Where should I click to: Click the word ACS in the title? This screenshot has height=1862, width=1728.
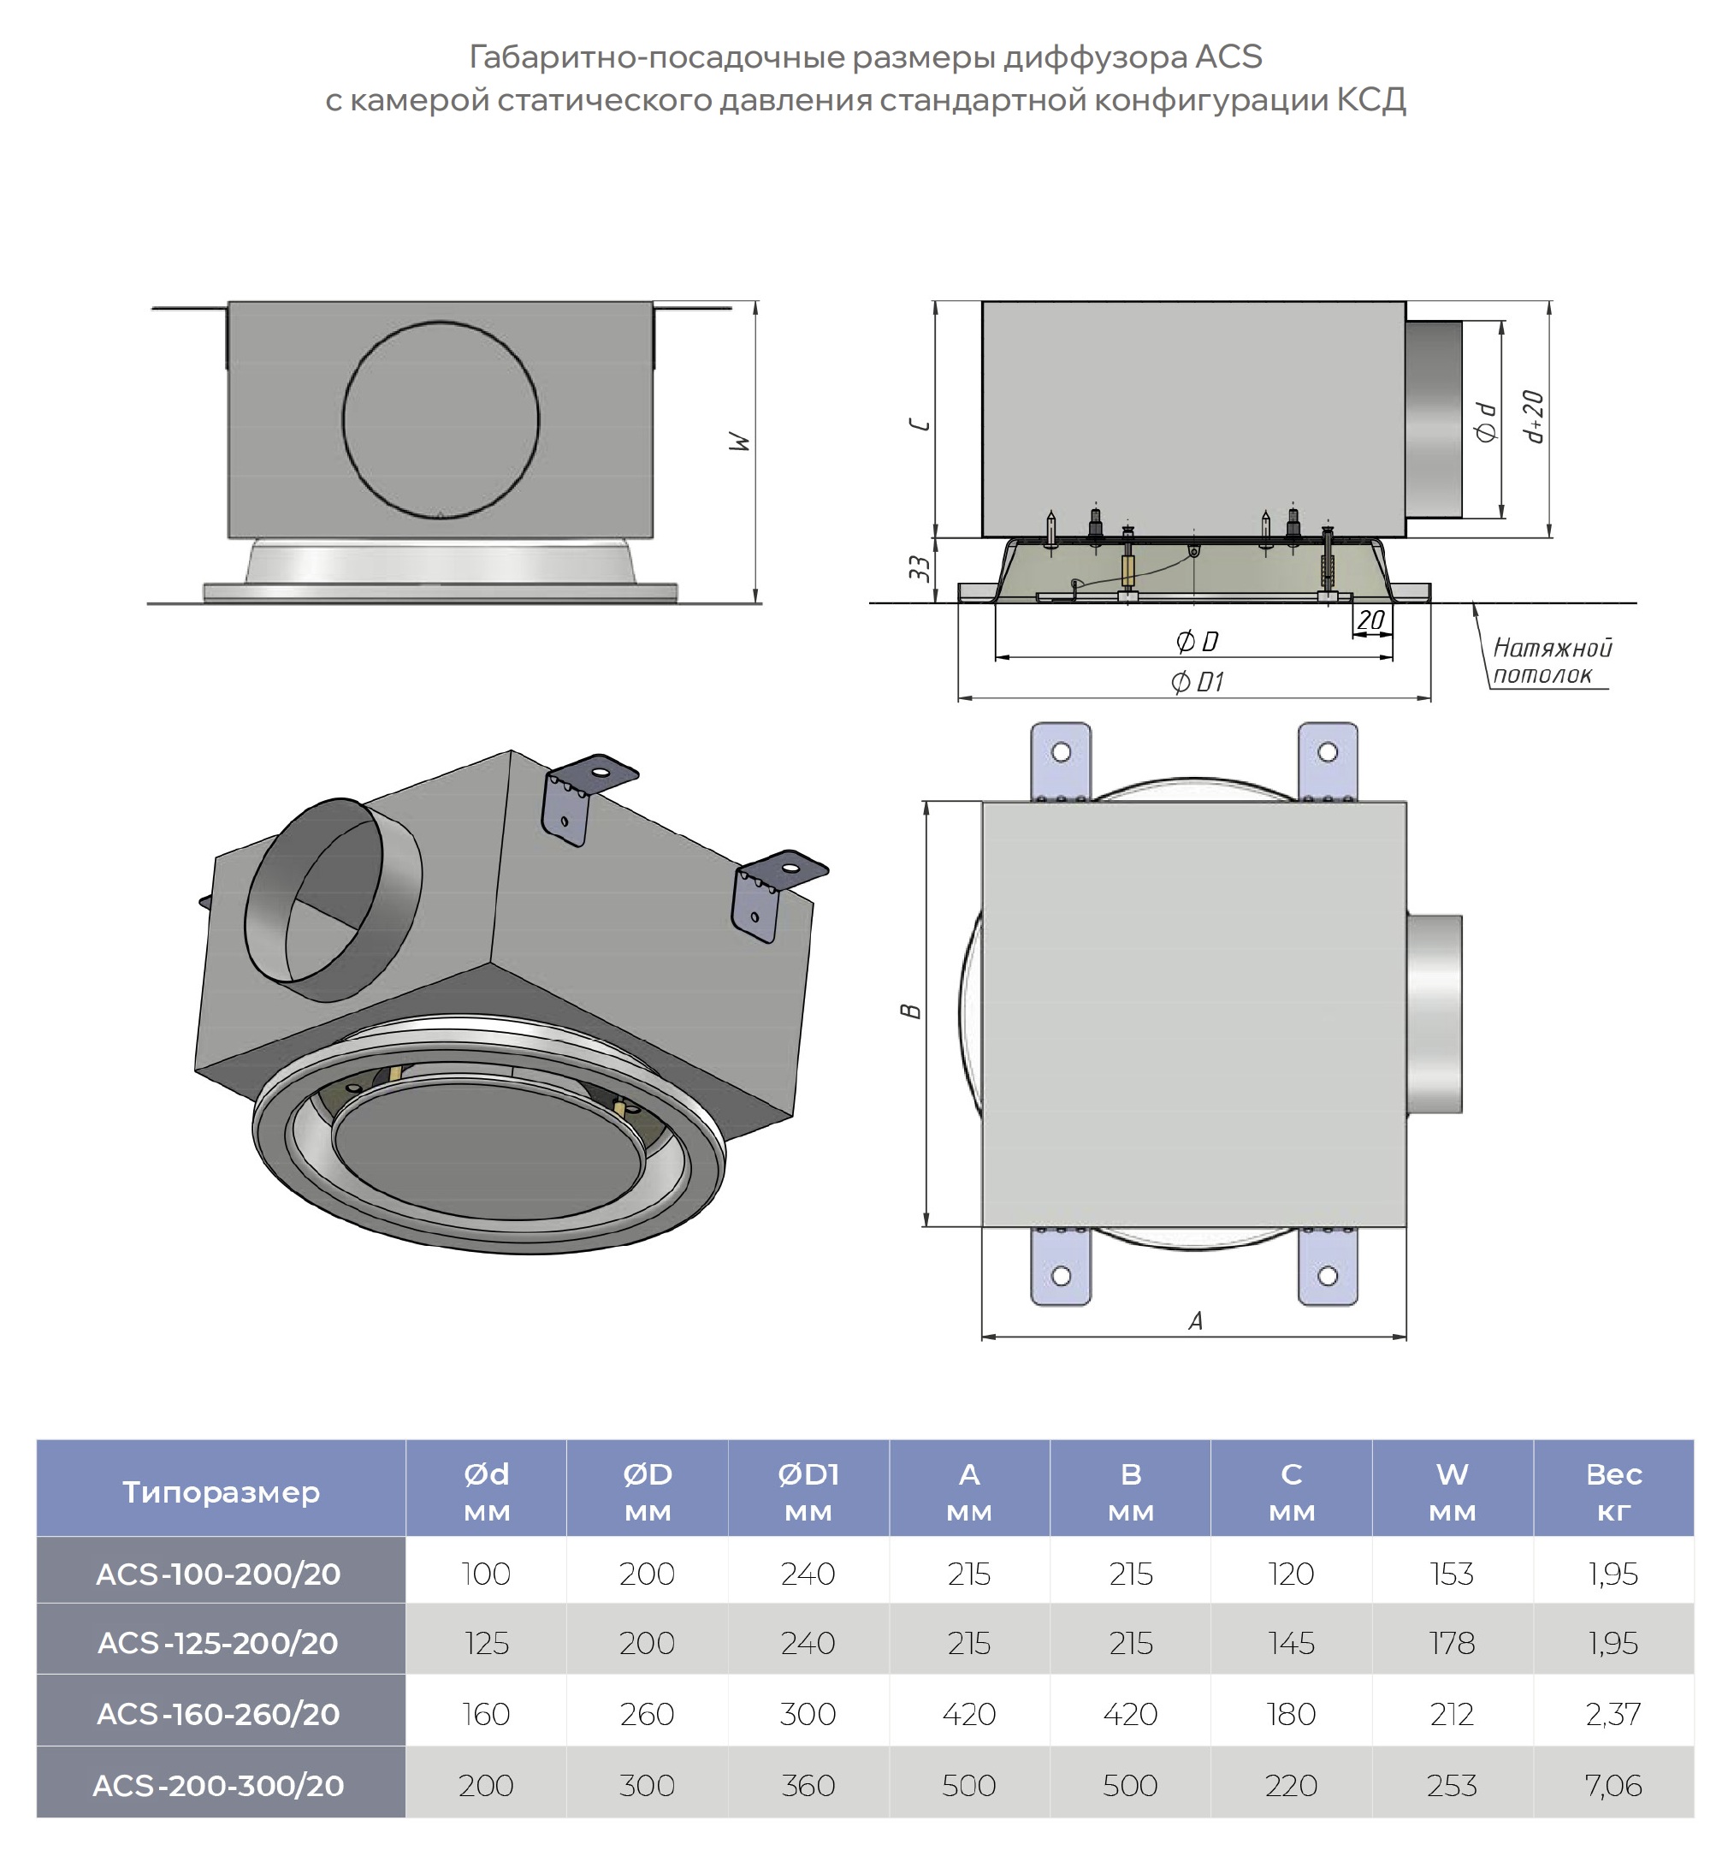pos(1228,58)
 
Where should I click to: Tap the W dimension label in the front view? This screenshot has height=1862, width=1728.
pos(740,442)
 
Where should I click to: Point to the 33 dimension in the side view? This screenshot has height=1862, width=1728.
pos(920,567)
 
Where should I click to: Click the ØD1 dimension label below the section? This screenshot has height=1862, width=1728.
pos(1197,682)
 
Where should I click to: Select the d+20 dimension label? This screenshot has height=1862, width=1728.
pos(1533,416)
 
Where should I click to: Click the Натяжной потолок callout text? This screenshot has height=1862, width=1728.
pos(1550,661)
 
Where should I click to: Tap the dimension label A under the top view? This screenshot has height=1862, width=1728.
pos(1195,1320)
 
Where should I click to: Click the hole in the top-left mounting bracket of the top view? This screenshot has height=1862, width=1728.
pos(1061,752)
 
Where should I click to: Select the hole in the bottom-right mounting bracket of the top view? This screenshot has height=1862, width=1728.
pos(1327,1276)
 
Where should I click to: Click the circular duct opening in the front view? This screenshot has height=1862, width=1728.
pos(441,420)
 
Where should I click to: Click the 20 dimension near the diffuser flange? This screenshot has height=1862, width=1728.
pos(1370,620)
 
